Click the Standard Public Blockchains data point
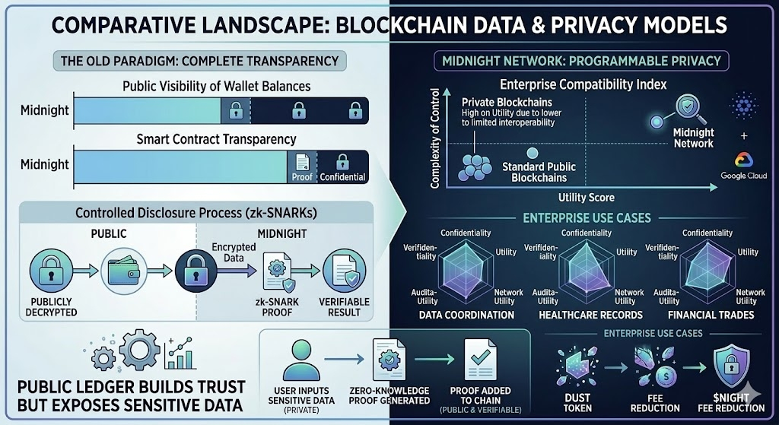pyautogui.click(x=532, y=153)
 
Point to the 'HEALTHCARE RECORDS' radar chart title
pyautogui.click(x=590, y=315)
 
